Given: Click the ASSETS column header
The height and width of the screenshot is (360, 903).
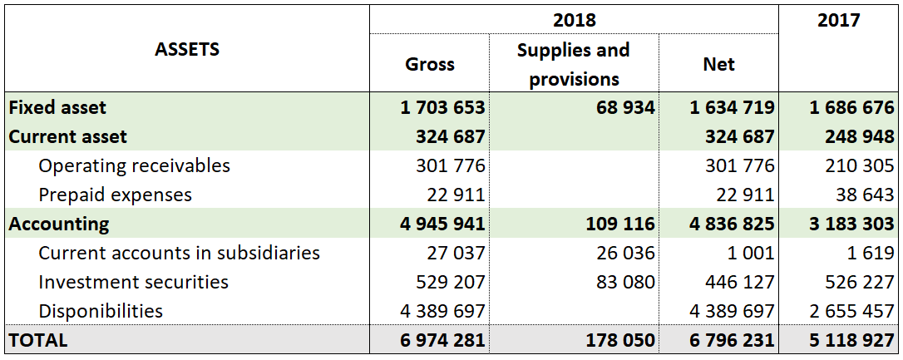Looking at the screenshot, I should point(187,49).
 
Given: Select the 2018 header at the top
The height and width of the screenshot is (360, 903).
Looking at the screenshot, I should point(574,19).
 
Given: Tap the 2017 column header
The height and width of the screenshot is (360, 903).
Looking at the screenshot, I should point(838,19).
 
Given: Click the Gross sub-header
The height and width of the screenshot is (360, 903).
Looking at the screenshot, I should point(429,64).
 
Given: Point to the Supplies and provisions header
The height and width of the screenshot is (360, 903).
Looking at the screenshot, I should point(574,64).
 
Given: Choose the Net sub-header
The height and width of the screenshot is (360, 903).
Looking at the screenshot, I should point(718,64).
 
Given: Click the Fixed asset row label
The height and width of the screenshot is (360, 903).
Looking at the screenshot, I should point(57,107).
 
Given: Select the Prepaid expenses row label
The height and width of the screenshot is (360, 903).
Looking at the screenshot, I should point(115,195).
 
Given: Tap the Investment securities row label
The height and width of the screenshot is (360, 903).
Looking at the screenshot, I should point(133,282).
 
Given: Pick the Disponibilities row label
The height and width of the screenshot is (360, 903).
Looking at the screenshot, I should point(101,311).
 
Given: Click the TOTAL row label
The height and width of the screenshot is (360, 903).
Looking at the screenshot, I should point(38,340).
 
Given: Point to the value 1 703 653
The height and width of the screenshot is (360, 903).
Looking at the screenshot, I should point(442,107).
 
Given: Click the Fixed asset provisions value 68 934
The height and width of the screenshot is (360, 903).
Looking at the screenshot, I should point(624,107).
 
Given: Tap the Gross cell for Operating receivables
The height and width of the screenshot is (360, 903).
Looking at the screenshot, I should point(450,165).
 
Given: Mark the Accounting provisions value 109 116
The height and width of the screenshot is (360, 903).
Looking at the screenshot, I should point(619,224).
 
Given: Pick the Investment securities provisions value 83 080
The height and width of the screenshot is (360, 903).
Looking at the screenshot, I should point(624,282).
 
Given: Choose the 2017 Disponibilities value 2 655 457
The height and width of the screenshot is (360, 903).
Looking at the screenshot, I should point(851,311).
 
